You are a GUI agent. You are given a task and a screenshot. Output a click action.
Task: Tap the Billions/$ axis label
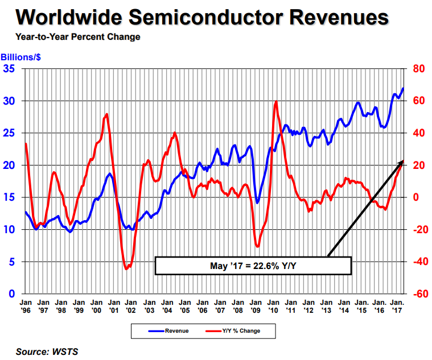20,57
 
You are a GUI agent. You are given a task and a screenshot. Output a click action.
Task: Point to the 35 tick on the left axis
10,69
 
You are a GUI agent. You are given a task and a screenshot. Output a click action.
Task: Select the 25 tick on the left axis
10,133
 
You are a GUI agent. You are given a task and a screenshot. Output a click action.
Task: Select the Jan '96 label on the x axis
26,307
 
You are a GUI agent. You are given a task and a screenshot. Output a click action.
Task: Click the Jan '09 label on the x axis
255,307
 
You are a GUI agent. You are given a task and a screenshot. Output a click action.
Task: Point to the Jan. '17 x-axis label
398,307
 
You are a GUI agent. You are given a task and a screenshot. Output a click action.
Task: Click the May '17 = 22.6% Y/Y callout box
253,265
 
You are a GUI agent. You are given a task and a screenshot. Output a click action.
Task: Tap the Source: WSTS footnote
47,351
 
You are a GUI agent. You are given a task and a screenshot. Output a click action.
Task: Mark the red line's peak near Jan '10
276,102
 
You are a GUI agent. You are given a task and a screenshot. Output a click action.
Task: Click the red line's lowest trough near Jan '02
126,268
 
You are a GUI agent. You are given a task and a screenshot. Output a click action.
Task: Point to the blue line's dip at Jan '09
257,203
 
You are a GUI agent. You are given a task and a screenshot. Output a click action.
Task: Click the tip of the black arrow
402,161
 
